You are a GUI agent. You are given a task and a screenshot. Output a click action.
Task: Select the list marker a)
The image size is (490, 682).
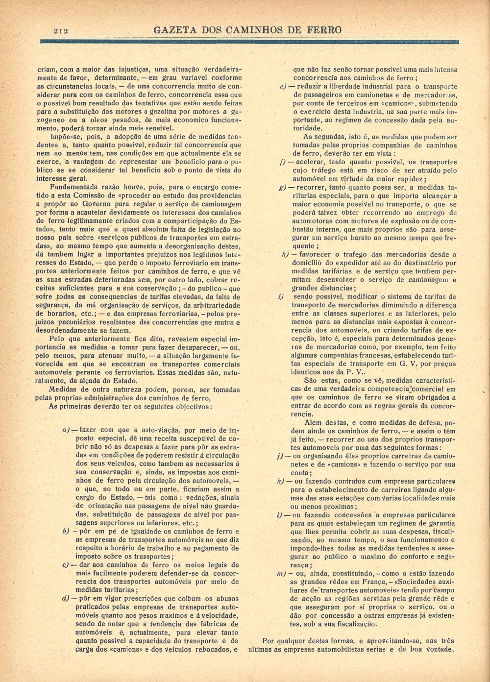tap(66, 430)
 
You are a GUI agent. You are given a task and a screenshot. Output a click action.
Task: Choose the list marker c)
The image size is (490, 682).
tap(66, 565)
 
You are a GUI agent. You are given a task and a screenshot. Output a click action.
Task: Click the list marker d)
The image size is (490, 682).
tap(66, 598)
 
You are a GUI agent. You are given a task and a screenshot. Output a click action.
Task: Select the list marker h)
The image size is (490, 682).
tap(285, 254)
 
